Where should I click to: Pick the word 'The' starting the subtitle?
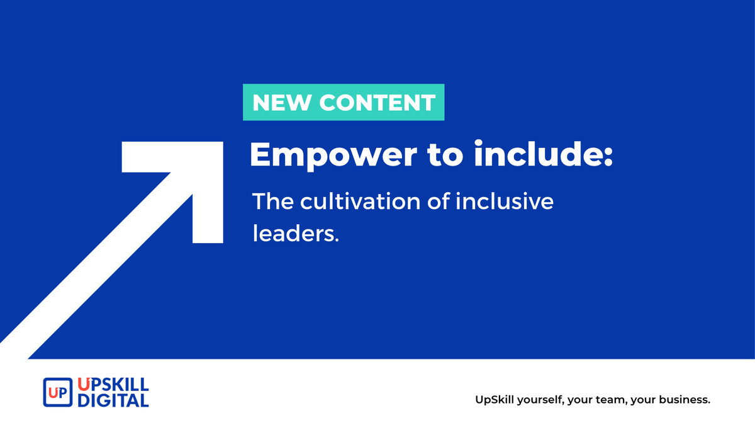pos(272,202)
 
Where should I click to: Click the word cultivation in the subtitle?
pos(365,202)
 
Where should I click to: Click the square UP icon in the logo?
pos(57,392)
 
